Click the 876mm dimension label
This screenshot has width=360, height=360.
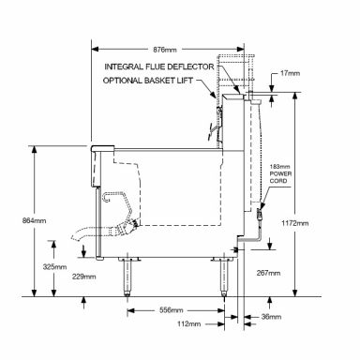[165, 50]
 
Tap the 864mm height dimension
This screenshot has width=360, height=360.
[34, 220]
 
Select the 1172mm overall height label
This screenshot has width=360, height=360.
[294, 223]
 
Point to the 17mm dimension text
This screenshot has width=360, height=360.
[290, 73]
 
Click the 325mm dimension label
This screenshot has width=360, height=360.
[54, 267]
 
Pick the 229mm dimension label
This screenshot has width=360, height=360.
[84, 277]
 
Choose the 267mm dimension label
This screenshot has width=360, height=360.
[268, 273]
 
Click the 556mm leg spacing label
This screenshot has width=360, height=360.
[172, 310]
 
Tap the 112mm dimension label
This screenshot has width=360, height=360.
[188, 324]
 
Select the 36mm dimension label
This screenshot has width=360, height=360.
[271, 317]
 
